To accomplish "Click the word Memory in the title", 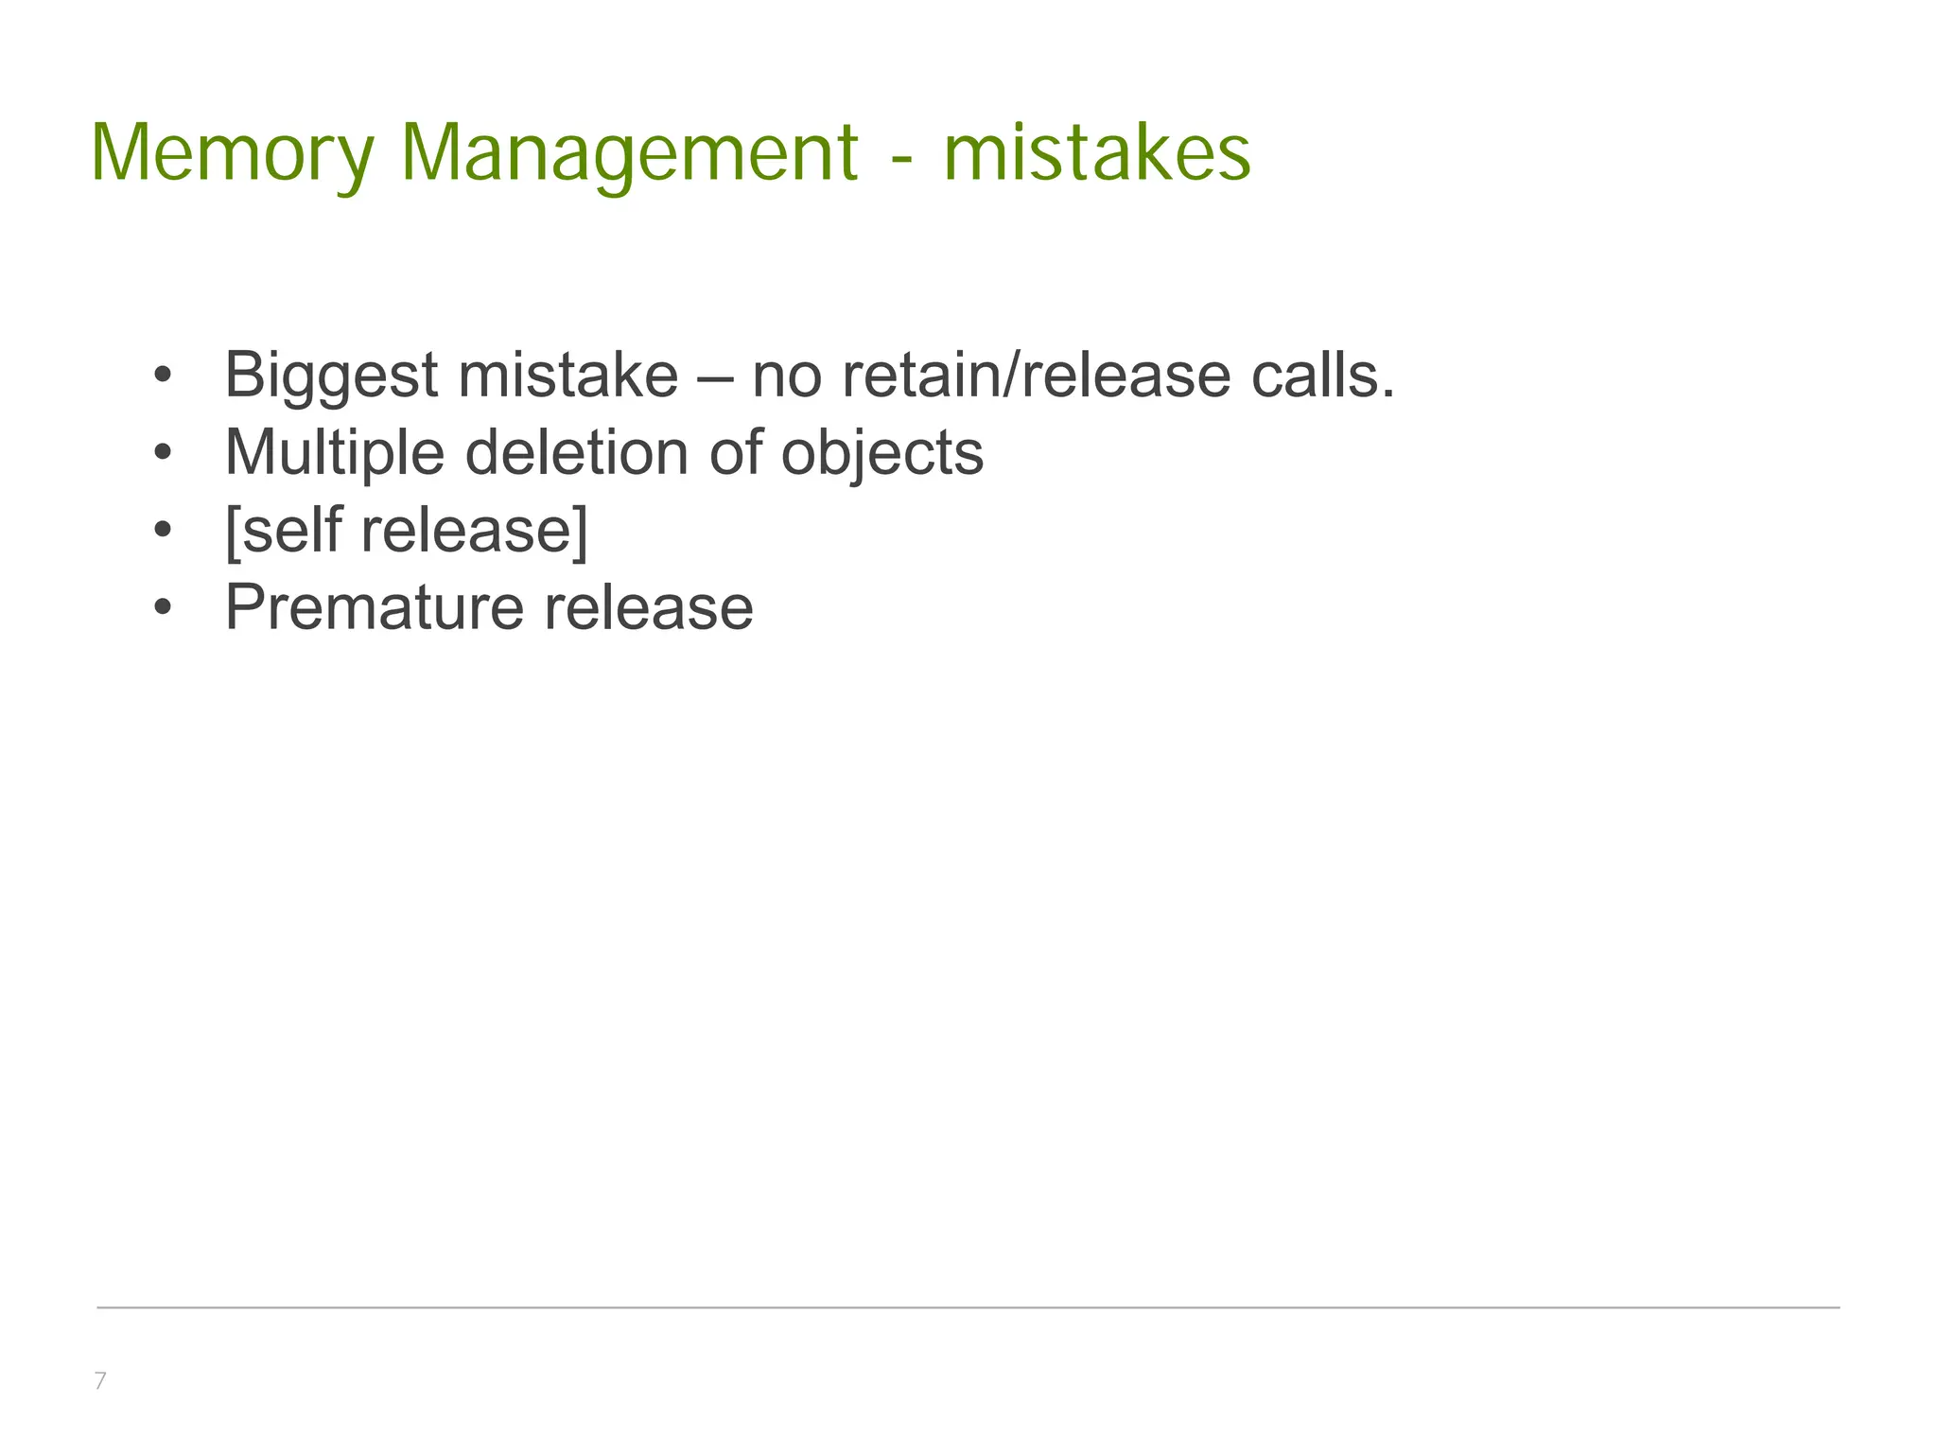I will tap(233, 153).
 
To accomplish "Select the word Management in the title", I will tap(629, 153).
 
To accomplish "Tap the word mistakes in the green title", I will tap(1097, 153).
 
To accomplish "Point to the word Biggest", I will tap(331, 376).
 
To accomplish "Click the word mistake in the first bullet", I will tap(567, 376).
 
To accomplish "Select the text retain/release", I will tap(1037, 376).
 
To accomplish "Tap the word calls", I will tap(1323, 376).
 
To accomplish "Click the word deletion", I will tap(577, 452).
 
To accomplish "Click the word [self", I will tap(283, 530).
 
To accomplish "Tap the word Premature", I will tap(373, 607).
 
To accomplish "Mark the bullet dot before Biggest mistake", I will tap(163, 376).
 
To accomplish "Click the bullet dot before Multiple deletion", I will tap(163, 453).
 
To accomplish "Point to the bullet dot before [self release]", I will tap(163, 530).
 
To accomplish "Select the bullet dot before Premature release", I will tap(163, 607).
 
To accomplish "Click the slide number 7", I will tap(100, 1381).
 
